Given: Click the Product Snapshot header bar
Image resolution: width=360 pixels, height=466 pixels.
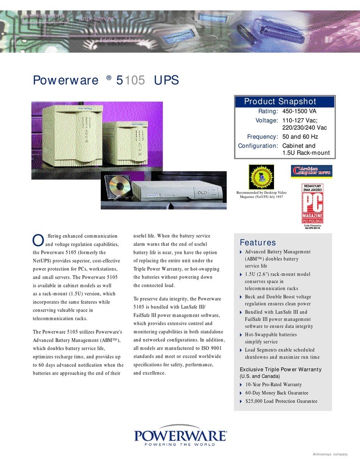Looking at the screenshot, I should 285,101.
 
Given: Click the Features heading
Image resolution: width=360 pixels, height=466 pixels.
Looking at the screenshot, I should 258,243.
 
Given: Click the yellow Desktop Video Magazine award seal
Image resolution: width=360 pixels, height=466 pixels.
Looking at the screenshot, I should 260,176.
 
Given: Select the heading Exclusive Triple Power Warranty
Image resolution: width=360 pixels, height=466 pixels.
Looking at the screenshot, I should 281,370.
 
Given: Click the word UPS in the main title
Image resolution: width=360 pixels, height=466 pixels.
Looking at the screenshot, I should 166,81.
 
